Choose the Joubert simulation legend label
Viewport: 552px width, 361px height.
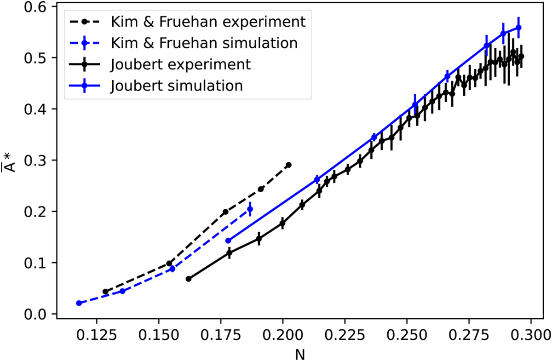pos(177,86)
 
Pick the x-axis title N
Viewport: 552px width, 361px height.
pos(301,353)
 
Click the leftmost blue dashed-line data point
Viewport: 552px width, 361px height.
pos(79,303)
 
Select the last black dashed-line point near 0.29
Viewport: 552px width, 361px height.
pos(288,165)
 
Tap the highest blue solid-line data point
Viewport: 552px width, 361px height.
pos(518,28)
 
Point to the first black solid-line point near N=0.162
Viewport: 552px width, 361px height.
pos(188,279)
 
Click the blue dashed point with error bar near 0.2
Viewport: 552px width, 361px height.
pos(250,209)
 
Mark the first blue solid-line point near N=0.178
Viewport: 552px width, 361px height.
pos(228,241)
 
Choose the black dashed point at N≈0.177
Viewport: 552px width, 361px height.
pos(225,212)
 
